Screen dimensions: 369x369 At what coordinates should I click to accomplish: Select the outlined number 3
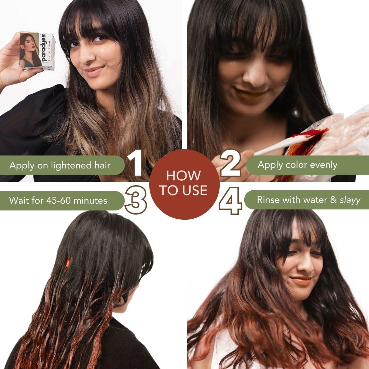(x=136, y=200)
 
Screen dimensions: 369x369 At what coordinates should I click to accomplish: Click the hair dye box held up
(x=37, y=51)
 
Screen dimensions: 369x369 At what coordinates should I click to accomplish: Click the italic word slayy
(x=350, y=200)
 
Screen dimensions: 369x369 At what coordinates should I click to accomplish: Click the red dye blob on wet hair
(x=68, y=264)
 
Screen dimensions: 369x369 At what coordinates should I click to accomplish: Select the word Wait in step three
(x=19, y=200)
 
